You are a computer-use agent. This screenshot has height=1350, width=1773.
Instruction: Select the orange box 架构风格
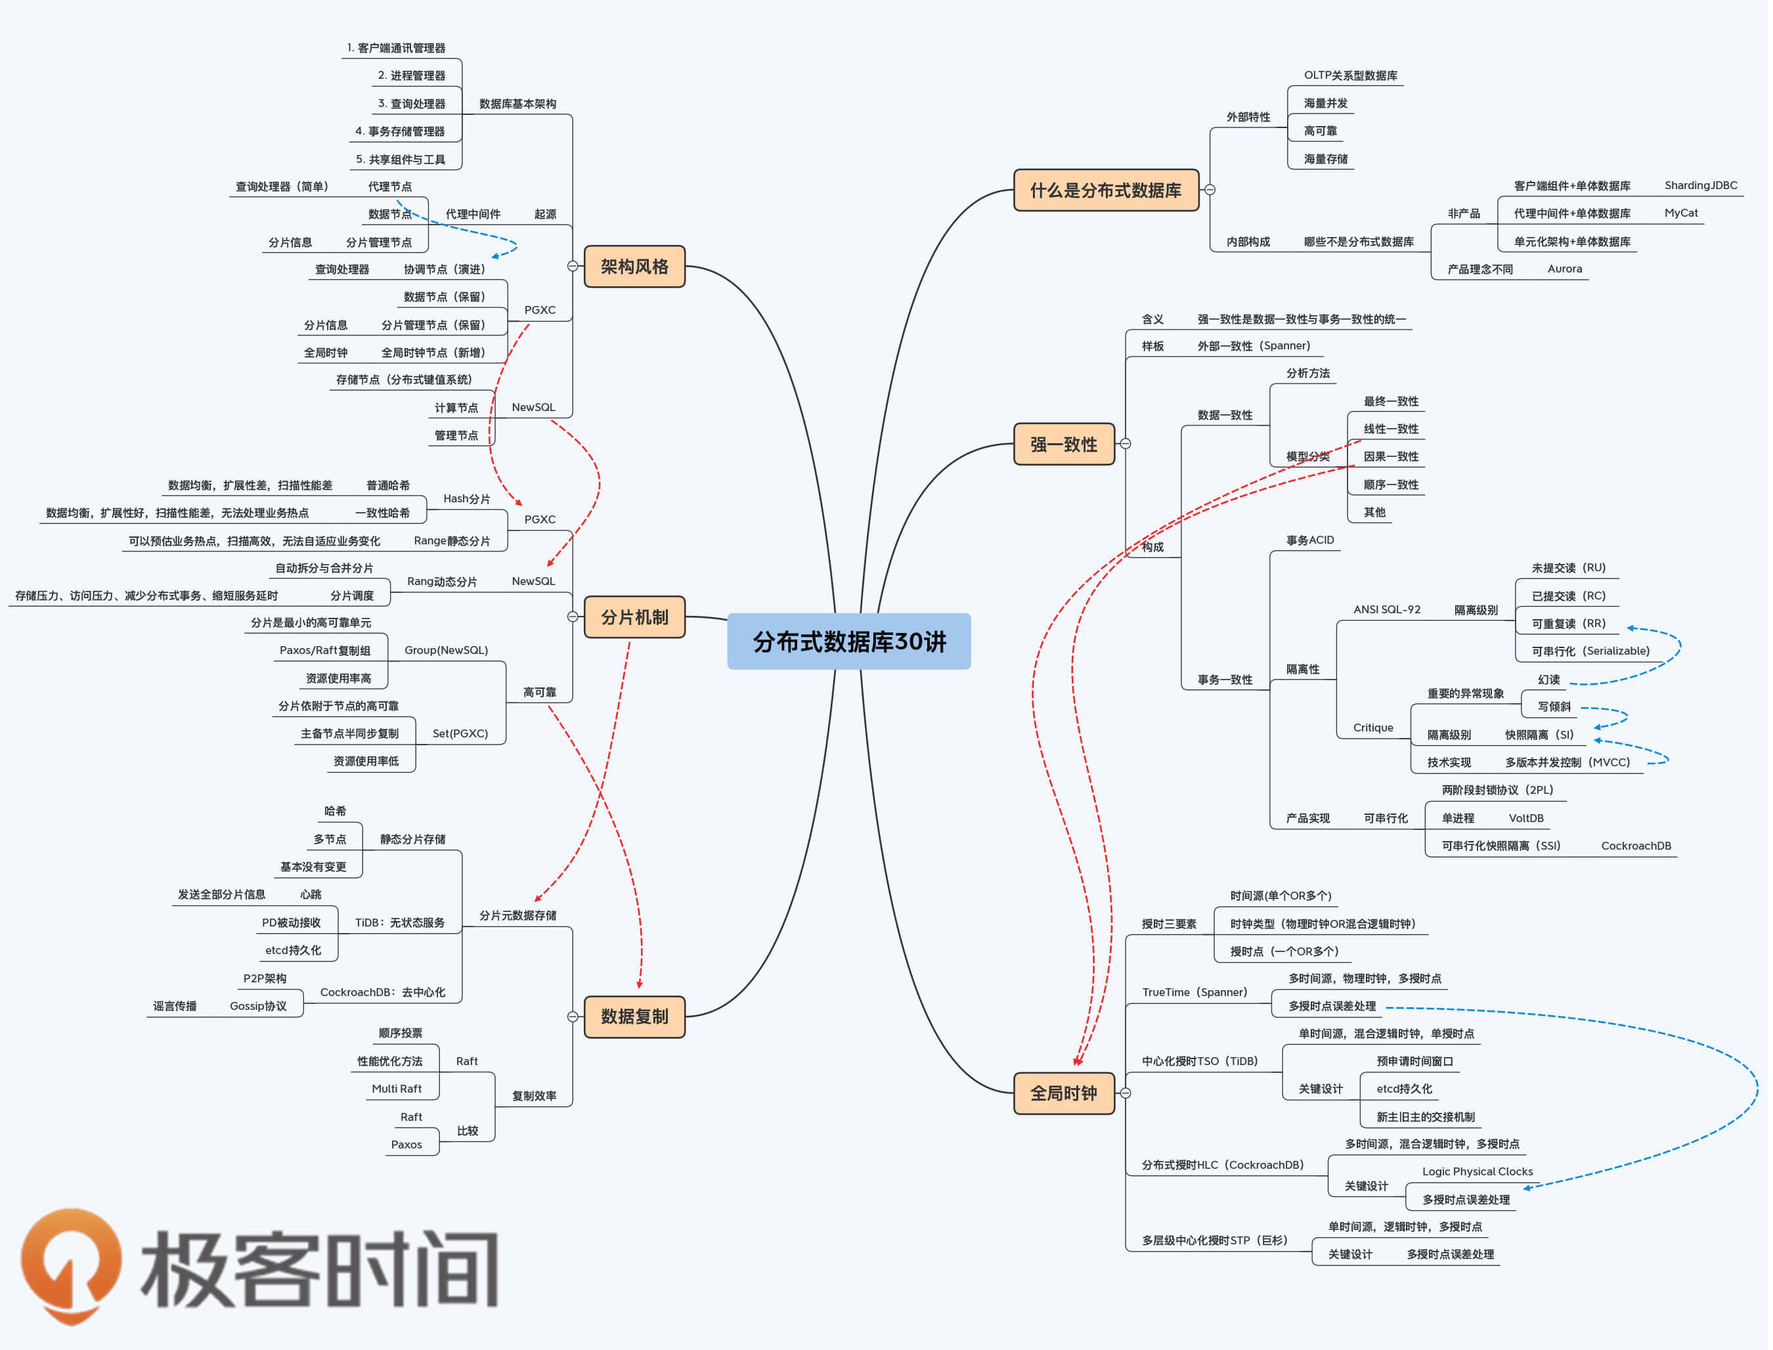tap(635, 267)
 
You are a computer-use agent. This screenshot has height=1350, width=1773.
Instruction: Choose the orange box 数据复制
tap(635, 1017)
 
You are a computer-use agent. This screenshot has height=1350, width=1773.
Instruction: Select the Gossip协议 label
tap(259, 1007)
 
